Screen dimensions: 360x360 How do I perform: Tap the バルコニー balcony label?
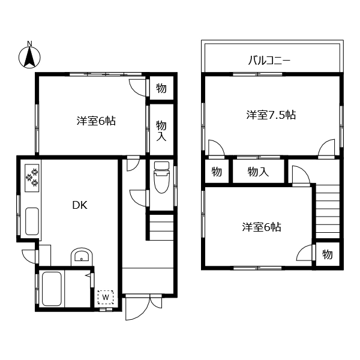pos(269,61)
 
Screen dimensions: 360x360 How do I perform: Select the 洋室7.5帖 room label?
pos(271,114)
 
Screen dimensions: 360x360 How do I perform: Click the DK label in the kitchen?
pos(80,205)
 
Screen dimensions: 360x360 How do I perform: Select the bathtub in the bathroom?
pos(53,289)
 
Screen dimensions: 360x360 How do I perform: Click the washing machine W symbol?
pos(106,296)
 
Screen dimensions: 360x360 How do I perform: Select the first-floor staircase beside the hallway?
pos(161,228)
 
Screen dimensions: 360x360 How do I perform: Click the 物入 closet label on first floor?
pos(161,130)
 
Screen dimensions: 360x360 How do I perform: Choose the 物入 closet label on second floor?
pos(258,172)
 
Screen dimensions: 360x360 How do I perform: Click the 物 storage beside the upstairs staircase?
pos(328,254)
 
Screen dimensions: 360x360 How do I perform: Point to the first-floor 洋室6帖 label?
pos(96,121)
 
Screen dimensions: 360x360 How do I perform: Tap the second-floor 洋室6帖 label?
pos(262,227)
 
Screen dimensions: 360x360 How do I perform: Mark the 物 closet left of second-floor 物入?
pos(217,172)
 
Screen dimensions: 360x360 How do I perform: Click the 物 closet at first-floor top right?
pos(161,88)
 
